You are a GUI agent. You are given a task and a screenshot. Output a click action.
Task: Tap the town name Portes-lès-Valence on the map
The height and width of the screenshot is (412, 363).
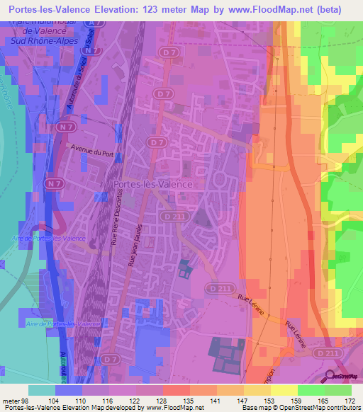[153, 183]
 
